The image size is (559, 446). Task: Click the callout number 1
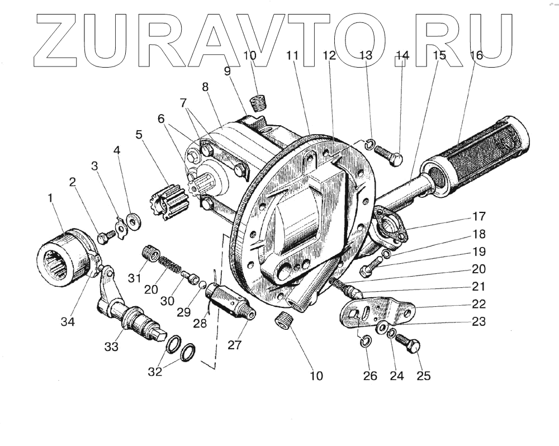click(51, 197)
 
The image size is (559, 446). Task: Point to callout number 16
click(476, 55)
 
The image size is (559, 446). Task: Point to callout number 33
click(111, 347)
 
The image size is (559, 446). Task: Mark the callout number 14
click(402, 55)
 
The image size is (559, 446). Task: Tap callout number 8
click(205, 87)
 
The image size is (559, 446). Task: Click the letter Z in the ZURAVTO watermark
click(56, 39)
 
